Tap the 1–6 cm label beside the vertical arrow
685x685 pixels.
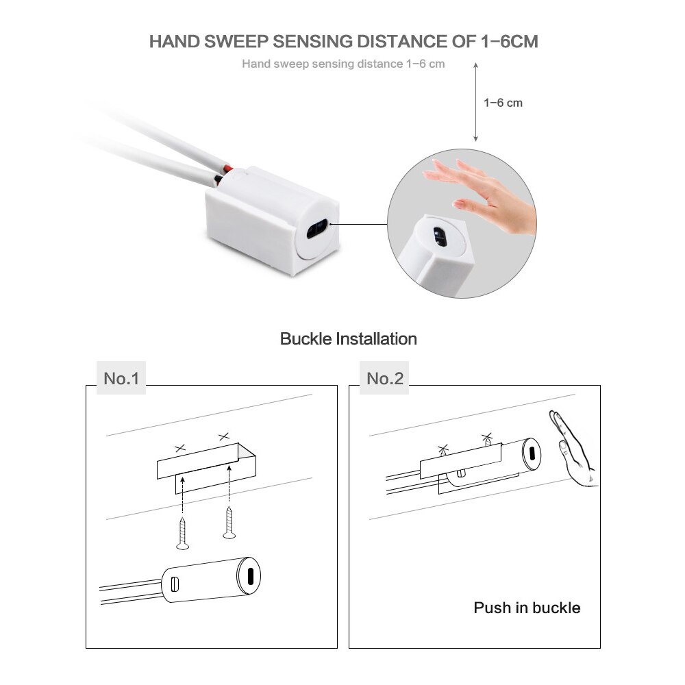[503, 103]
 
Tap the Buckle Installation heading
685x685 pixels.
[348, 338]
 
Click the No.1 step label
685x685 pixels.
[121, 379]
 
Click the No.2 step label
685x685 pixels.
[385, 379]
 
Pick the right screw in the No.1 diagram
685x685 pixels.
[228, 524]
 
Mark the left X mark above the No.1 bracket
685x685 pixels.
[180, 448]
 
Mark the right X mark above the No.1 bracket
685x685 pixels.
[223, 436]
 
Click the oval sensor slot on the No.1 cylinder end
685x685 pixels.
[251, 573]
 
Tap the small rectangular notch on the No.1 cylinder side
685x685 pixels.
[174, 584]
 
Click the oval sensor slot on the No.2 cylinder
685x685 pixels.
[530, 452]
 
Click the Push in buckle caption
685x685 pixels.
[527, 608]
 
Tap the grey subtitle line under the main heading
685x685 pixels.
[343, 64]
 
